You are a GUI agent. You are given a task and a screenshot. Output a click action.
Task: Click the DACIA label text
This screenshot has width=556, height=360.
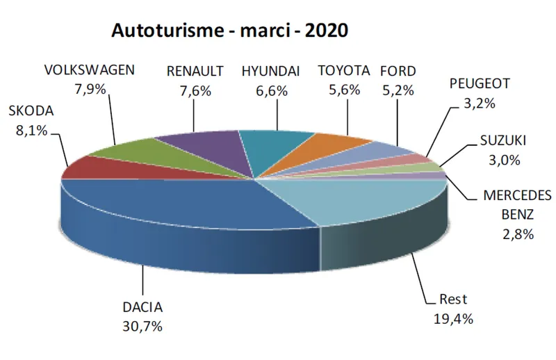click(142, 308)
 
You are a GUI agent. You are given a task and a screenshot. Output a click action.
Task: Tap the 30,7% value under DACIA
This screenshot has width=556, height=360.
click(142, 326)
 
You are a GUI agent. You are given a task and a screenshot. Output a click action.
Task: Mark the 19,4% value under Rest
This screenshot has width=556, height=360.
click(454, 319)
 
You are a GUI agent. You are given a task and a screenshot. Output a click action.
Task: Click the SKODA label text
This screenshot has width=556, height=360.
click(30, 112)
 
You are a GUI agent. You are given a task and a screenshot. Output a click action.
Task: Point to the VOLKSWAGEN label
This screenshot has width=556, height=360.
click(89, 71)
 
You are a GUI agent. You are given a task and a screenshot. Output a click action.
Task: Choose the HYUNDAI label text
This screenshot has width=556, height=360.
click(270, 71)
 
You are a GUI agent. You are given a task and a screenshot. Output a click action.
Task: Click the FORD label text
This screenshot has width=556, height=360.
click(398, 71)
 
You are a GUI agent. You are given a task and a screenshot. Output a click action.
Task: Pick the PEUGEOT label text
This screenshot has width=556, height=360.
click(480, 84)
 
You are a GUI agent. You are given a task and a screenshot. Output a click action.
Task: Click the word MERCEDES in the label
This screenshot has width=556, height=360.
click(517, 195)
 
